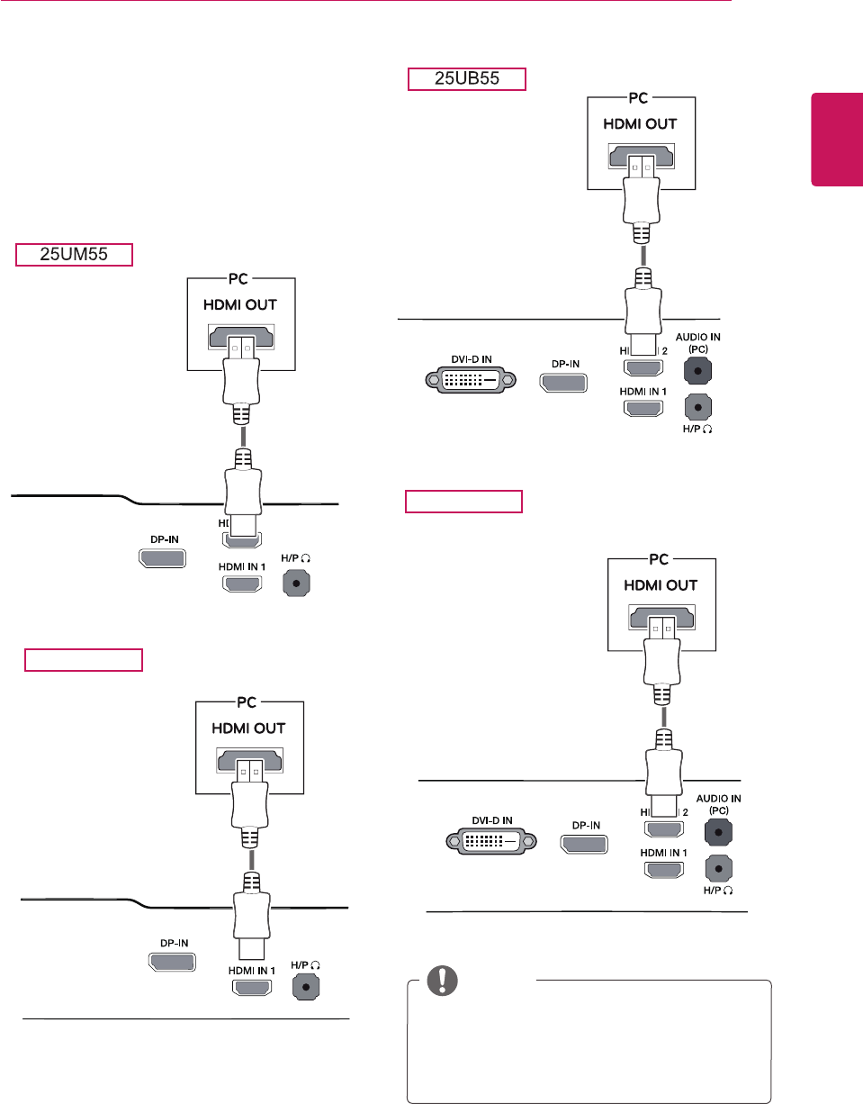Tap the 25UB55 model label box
point(466,79)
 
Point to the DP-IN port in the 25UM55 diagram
point(162,559)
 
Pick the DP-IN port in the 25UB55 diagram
point(563,382)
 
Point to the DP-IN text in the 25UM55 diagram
point(162,539)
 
